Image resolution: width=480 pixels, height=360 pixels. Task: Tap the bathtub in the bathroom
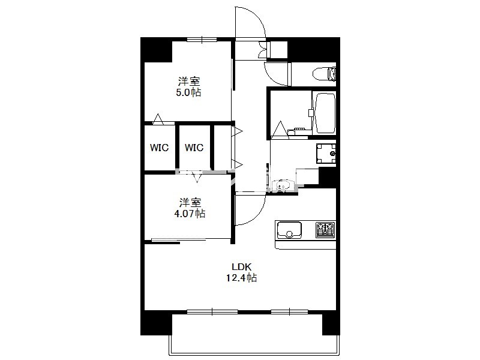point(325,113)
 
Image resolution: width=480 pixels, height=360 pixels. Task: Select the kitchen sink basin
point(289,230)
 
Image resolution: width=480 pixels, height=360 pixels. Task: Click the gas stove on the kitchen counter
point(325,230)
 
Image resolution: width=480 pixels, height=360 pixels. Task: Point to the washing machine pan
point(326,154)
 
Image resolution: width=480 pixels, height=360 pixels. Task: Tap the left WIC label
point(159,148)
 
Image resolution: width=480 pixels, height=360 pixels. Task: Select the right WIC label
point(194,148)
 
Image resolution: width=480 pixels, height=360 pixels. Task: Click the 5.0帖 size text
point(188,92)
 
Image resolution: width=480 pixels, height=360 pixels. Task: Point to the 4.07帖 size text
point(190,214)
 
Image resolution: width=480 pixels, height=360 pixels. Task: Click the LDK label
point(242,267)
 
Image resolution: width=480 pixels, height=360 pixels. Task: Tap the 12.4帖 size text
point(242,278)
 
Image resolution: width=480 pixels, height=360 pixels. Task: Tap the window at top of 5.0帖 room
point(202,39)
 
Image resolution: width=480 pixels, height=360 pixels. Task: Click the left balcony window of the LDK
point(212,312)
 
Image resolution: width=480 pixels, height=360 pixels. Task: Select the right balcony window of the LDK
point(290,312)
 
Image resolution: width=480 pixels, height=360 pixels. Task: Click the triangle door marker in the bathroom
point(280,129)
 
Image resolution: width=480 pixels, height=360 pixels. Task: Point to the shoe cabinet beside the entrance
point(277,50)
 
